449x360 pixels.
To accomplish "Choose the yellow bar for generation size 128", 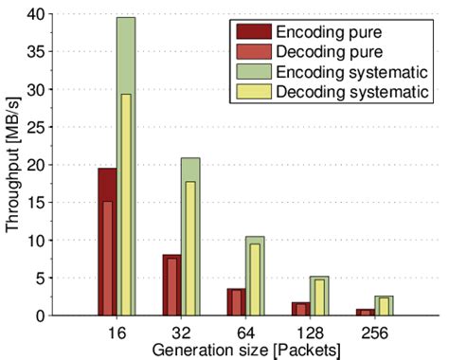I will tap(318, 297).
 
